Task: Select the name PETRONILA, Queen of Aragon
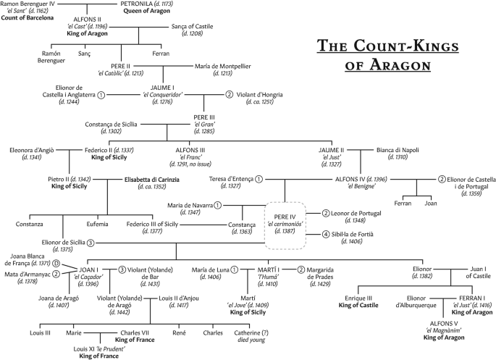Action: [148, 4]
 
